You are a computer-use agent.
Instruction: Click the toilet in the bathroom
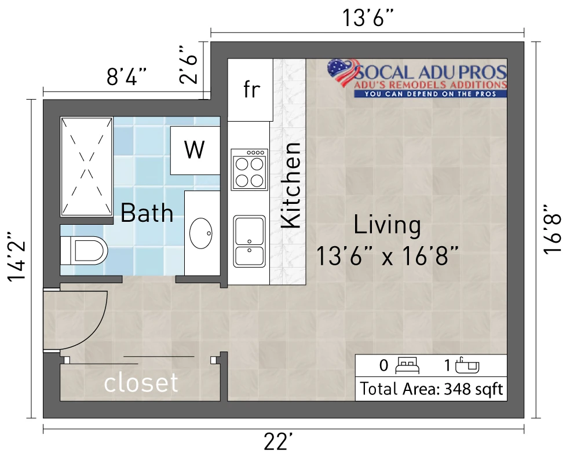click(x=84, y=251)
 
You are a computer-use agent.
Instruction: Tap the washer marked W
click(x=195, y=151)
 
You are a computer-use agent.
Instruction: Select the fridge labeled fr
click(x=250, y=90)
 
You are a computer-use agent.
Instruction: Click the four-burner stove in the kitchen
click(x=249, y=170)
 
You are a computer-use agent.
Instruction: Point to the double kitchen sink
click(x=249, y=242)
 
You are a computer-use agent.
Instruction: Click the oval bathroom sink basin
click(x=201, y=233)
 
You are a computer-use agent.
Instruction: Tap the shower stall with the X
click(x=86, y=167)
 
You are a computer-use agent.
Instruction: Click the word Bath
click(x=147, y=213)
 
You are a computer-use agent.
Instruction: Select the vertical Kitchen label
click(x=291, y=185)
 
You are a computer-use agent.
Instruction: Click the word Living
click(x=388, y=225)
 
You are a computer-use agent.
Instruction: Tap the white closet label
click(x=141, y=382)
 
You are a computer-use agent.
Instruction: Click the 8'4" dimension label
click(x=127, y=76)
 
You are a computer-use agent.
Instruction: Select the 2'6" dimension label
click(x=189, y=65)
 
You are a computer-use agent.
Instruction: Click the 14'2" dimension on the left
click(x=17, y=257)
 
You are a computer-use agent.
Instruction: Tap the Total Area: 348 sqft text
click(x=432, y=389)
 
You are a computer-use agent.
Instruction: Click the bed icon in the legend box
click(x=407, y=365)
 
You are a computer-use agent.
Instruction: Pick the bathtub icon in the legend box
click(x=467, y=365)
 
